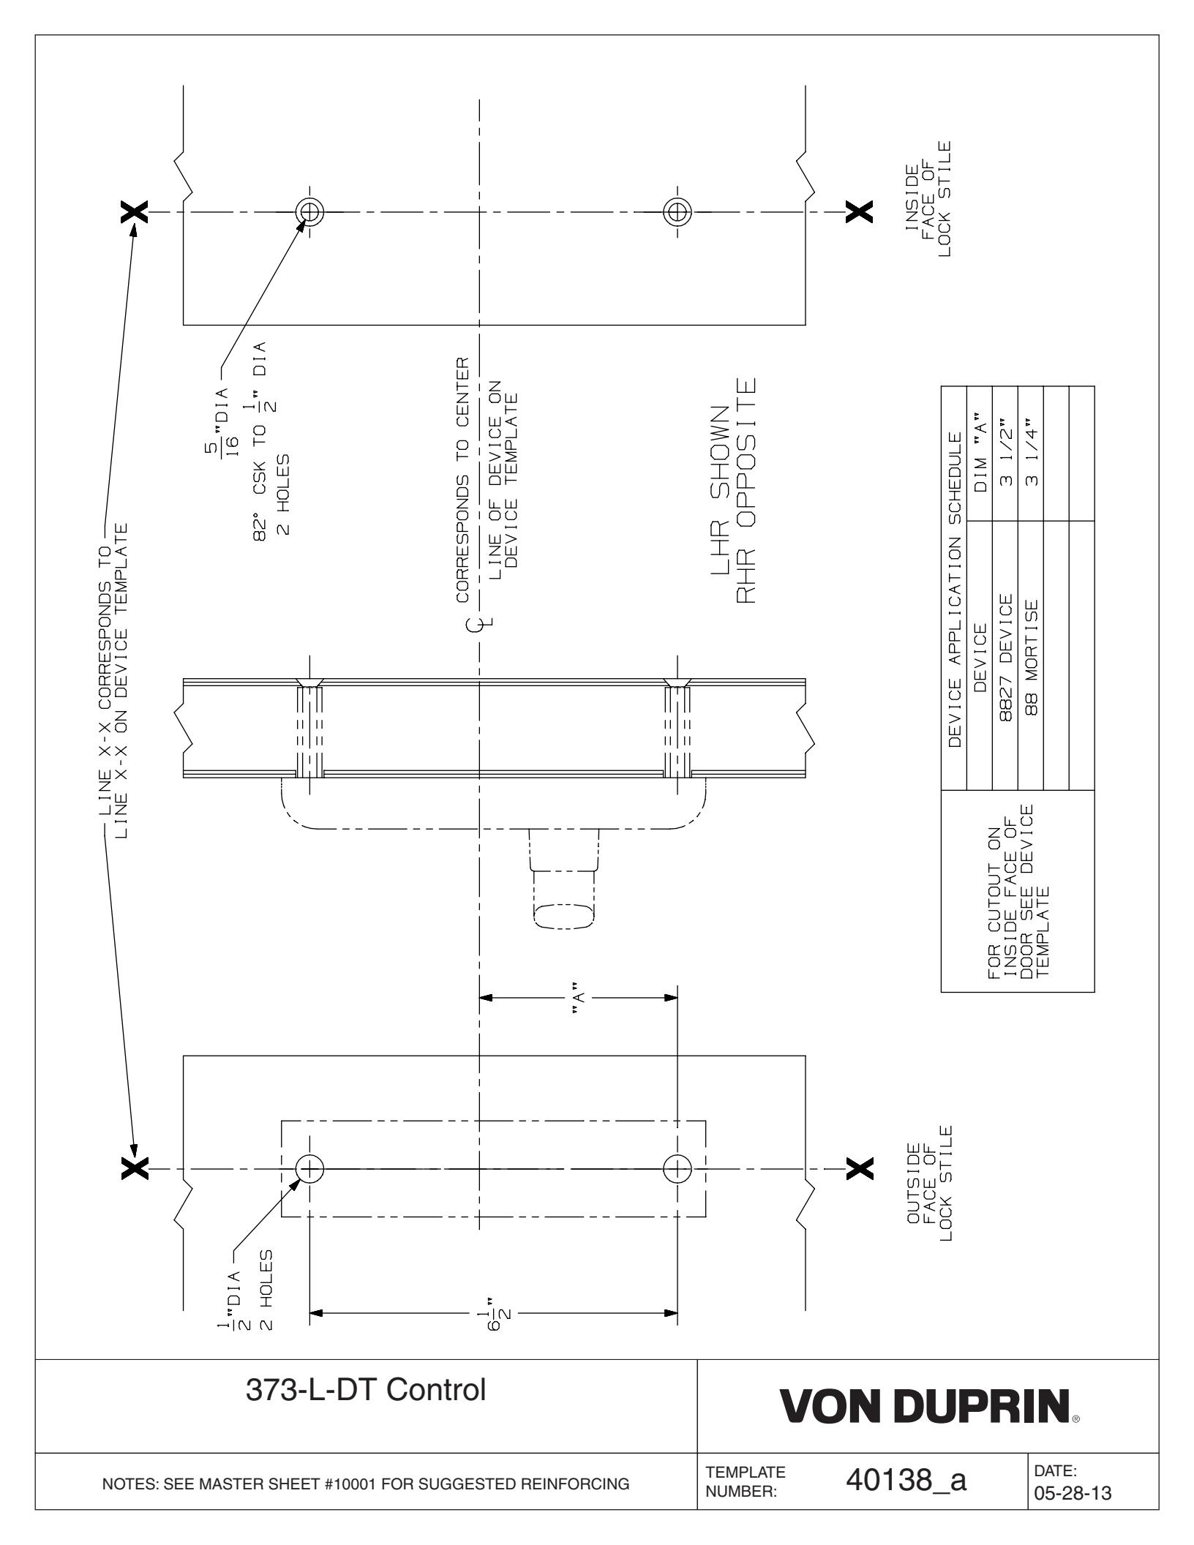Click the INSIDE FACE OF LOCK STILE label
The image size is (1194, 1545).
[928, 199]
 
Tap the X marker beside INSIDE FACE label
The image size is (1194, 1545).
[859, 212]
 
